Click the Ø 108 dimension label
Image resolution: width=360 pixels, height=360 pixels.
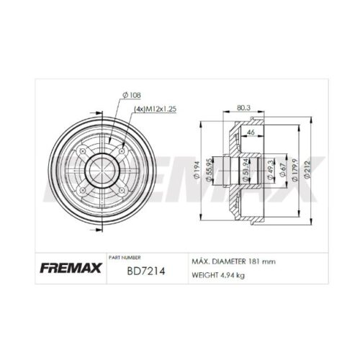tap(132, 95)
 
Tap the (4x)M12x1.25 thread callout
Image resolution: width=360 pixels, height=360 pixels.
tap(155, 109)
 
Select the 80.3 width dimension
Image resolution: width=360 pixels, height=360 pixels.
tap(243, 107)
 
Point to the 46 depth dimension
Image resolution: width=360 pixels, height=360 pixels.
tap(251, 132)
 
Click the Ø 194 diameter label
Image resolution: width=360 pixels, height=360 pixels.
tap(197, 170)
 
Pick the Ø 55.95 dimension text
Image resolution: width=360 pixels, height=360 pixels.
tap(209, 170)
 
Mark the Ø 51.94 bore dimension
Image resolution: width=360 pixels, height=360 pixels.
tap(245, 170)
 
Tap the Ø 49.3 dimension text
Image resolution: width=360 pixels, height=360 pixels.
tap(270, 170)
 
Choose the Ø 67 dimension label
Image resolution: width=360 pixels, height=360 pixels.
tap(283, 170)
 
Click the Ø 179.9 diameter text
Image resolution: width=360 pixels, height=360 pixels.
tap(294, 170)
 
